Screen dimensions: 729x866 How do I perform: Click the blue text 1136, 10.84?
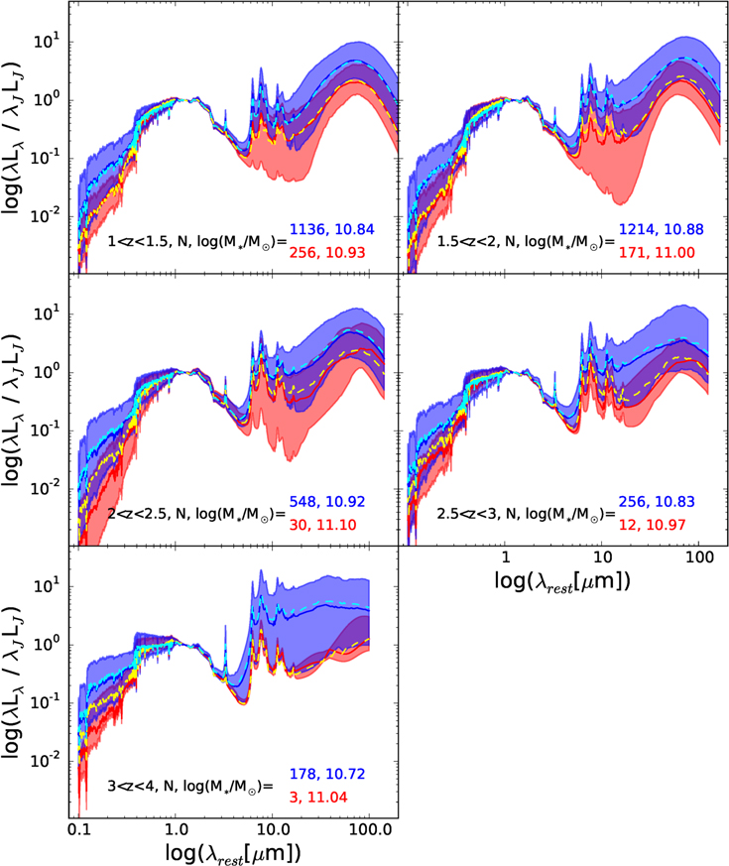coord(332,229)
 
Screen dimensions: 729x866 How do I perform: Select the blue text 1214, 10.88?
coord(662,229)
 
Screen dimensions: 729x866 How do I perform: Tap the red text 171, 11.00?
coord(657,252)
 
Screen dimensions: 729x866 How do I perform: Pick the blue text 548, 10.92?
coord(327,502)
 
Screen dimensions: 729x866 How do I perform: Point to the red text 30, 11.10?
coord(322,525)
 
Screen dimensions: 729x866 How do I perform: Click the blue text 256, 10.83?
coord(657,502)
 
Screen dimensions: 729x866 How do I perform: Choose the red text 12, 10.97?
coord(652,525)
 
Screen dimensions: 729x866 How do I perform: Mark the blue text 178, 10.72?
coord(327,774)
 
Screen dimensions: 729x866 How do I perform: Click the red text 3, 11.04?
coord(318,797)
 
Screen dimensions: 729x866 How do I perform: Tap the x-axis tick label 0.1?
coord(79,830)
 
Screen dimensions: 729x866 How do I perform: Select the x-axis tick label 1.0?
coord(176,830)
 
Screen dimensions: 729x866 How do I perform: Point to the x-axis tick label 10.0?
coord(273,830)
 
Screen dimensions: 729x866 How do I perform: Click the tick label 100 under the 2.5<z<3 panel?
coord(699,557)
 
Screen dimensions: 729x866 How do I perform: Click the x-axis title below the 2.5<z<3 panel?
coord(562,581)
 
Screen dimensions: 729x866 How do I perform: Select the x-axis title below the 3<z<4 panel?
coord(233,853)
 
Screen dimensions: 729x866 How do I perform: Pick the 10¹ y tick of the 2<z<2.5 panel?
coord(46,314)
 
